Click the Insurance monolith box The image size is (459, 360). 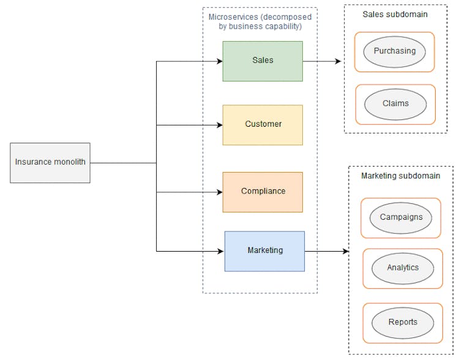click(x=50, y=163)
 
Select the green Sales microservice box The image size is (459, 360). click(x=263, y=61)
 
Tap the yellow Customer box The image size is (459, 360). click(x=263, y=125)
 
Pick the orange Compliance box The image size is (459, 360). click(x=263, y=192)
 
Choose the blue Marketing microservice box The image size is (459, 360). click(x=264, y=251)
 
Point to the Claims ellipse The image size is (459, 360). click(x=395, y=104)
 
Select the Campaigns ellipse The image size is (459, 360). click(x=401, y=218)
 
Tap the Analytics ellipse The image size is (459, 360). click(x=403, y=268)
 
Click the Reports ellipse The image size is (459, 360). click(x=403, y=323)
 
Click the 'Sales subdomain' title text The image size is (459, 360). click(x=395, y=14)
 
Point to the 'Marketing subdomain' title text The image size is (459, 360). click(x=400, y=176)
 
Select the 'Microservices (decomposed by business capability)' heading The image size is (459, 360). click(x=260, y=21)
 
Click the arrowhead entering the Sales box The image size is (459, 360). click(x=219, y=61)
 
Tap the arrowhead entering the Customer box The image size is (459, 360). click(x=219, y=126)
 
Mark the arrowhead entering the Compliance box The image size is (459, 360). click(x=219, y=192)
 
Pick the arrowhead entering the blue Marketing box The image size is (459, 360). click(x=221, y=251)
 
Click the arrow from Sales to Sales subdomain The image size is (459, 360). click(x=322, y=61)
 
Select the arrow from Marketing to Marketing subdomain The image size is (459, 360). click(x=326, y=251)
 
